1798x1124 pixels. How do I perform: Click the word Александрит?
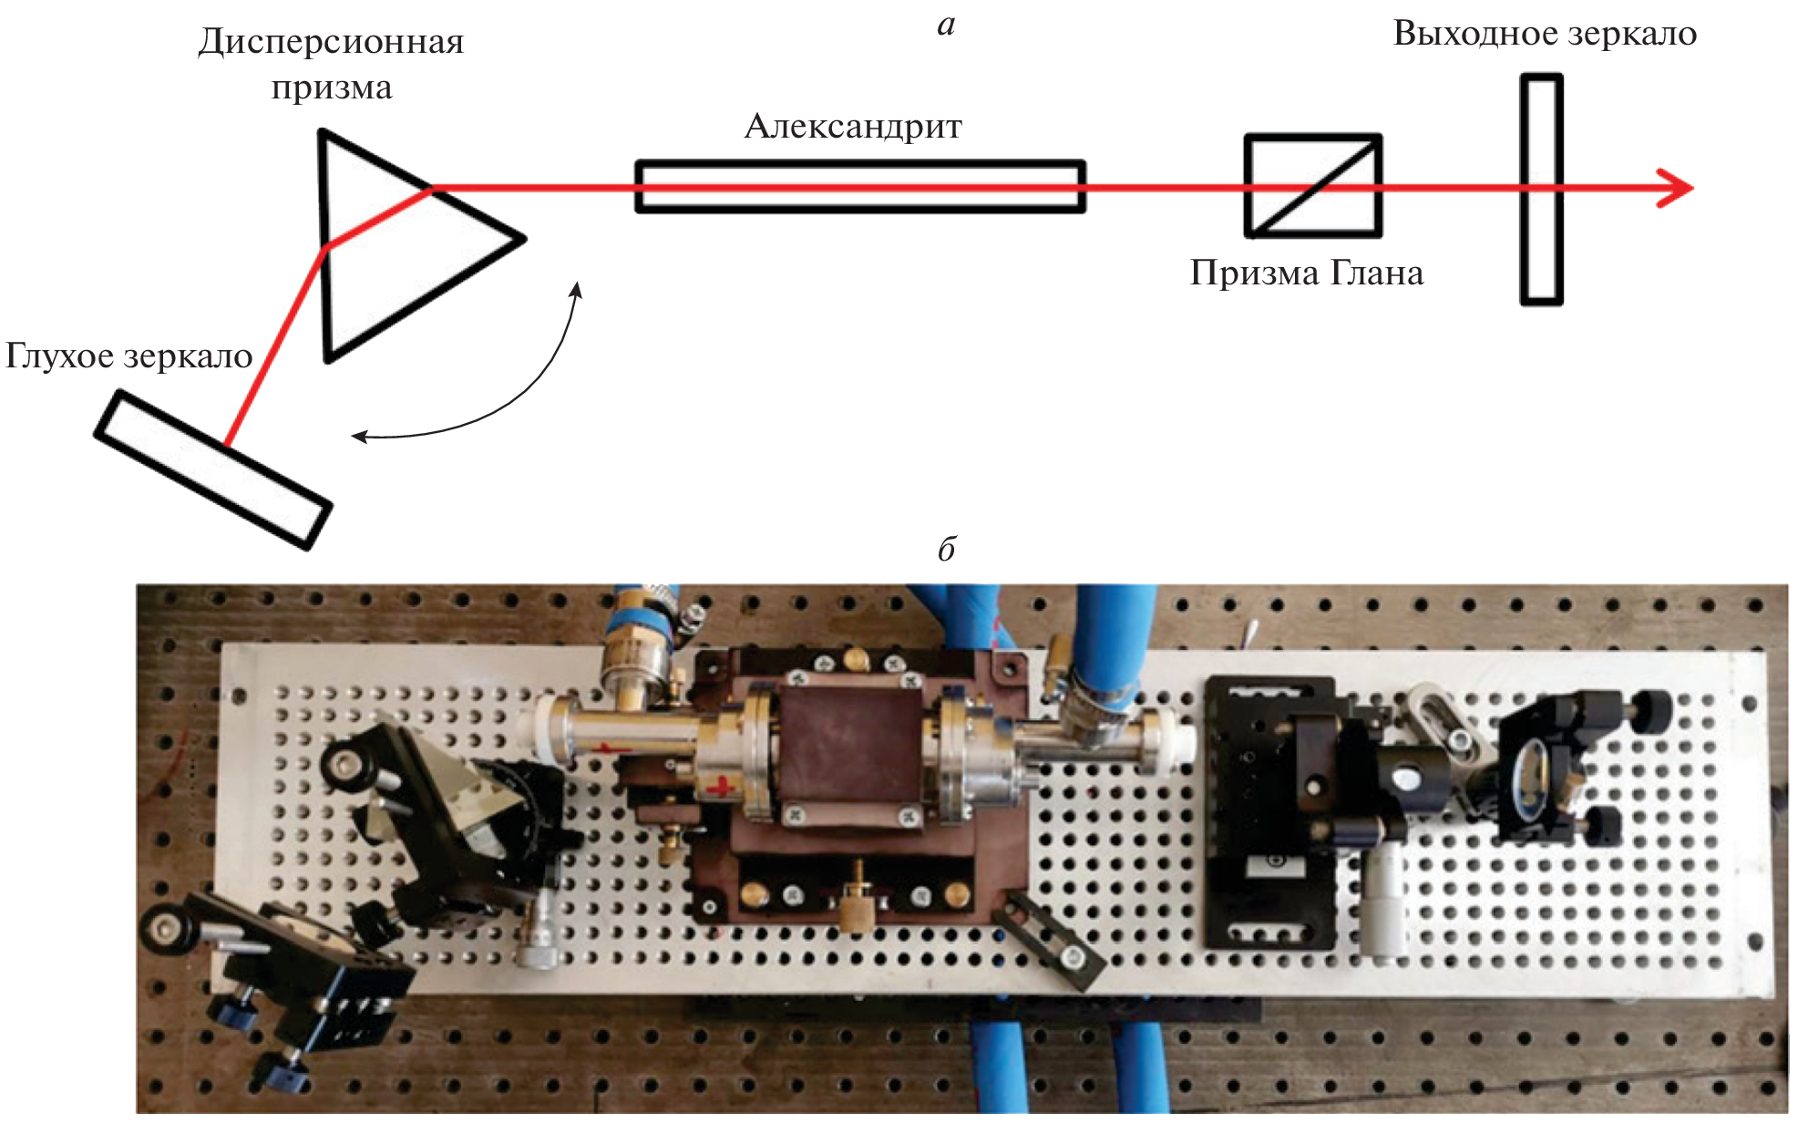point(852,127)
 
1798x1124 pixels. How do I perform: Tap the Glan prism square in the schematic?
point(1313,186)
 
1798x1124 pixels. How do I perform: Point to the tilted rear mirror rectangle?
point(213,469)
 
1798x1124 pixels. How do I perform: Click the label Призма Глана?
point(1306,273)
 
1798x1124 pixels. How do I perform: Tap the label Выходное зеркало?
point(1545,34)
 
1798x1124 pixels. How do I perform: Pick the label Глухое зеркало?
point(128,356)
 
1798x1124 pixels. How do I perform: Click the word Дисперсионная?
point(331,42)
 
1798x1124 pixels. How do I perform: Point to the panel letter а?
point(946,25)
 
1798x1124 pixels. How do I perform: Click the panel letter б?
point(946,549)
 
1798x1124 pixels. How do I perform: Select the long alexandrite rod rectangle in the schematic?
point(859,187)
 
